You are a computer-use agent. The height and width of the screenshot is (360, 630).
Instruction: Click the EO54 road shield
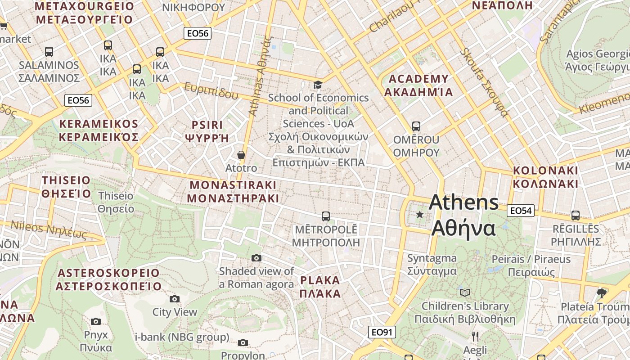(x=520, y=211)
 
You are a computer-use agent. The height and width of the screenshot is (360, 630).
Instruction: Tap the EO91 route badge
(x=382, y=333)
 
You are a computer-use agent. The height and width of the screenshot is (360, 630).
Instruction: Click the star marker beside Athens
(x=420, y=215)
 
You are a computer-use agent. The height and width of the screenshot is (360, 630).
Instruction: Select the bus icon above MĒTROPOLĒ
(x=326, y=216)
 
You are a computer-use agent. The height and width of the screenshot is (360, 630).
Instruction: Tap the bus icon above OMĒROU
(x=416, y=126)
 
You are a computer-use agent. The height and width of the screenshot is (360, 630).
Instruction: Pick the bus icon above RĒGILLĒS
(x=575, y=216)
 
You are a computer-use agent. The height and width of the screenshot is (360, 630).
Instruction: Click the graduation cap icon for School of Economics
(x=318, y=85)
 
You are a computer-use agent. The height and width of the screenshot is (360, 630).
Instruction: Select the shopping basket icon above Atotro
(x=241, y=155)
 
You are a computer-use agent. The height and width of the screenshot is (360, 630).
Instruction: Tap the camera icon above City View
(x=175, y=299)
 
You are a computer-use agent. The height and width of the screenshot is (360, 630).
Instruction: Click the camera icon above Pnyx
(x=96, y=321)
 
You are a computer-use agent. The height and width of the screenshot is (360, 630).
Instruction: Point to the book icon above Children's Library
(x=465, y=293)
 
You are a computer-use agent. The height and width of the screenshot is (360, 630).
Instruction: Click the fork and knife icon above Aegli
(x=475, y=336)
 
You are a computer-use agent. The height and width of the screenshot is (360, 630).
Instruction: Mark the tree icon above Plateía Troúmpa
(x=601, y=293)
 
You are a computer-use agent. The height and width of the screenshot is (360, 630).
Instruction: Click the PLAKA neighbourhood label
(x=320, y=287)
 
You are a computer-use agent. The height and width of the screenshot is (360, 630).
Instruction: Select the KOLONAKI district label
(x=545, y=177)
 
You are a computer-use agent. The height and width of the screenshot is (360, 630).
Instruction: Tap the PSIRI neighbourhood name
(x=207, y=131)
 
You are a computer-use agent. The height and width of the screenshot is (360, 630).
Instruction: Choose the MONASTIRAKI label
(x=233, y=191)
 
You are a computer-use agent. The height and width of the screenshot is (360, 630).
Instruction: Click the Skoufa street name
(x=483, y=82)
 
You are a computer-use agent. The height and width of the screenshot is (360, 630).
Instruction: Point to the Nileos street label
(x=49, y=229)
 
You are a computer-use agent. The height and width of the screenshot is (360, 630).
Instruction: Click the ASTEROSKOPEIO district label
(x=108, y=279)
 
